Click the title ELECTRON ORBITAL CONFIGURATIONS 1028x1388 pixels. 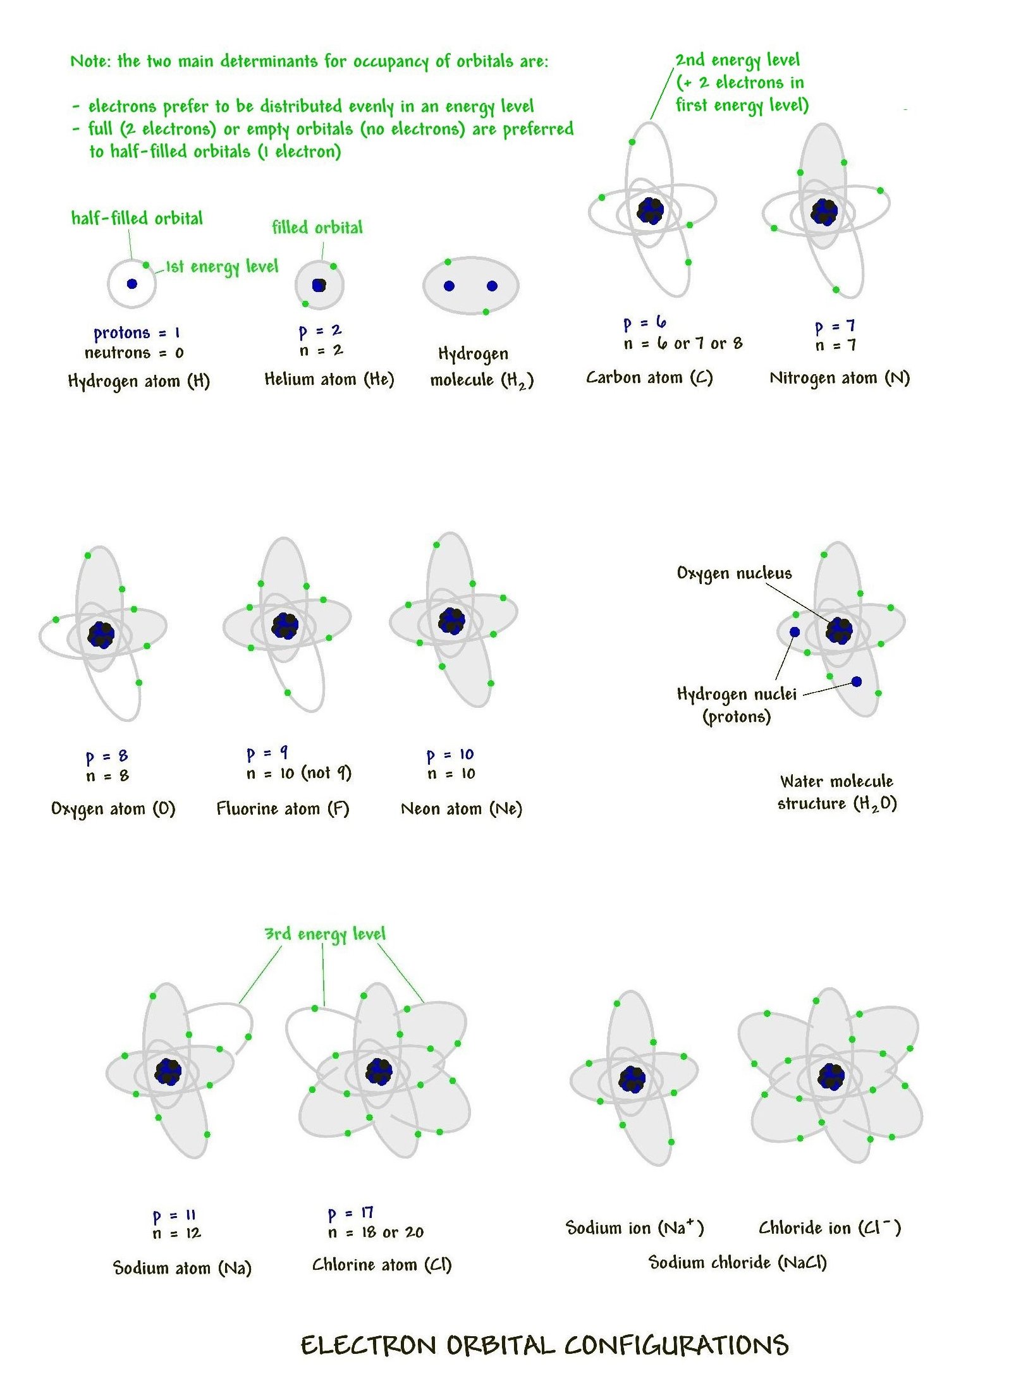(x=544, y=1345)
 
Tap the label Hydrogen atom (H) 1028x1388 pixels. (x=138, y=381)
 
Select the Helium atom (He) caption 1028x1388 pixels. (x=329, y=379)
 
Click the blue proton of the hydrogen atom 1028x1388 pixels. (x=132, y=284)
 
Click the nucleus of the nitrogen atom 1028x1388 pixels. (x=824, y=212)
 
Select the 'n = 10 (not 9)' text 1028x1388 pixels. (x=298, y=773)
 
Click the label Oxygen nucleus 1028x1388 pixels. (x=734, y=573)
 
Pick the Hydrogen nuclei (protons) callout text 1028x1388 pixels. (x=737, y=705)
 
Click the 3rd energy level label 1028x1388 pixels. (x=324, y=934)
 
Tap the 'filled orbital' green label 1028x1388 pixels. (x=317, y=228)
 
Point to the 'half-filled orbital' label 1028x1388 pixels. (x=137, y=219)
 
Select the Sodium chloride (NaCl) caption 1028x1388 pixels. (x=737, y=1263)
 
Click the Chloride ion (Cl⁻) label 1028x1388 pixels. (x=829, y=1228)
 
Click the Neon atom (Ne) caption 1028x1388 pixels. (x=462, y=809)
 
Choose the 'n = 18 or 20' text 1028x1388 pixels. (x=376, y=1232)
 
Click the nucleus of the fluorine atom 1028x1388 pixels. (x=285, y=626)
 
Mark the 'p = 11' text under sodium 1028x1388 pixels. (x=174, y=1215)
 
